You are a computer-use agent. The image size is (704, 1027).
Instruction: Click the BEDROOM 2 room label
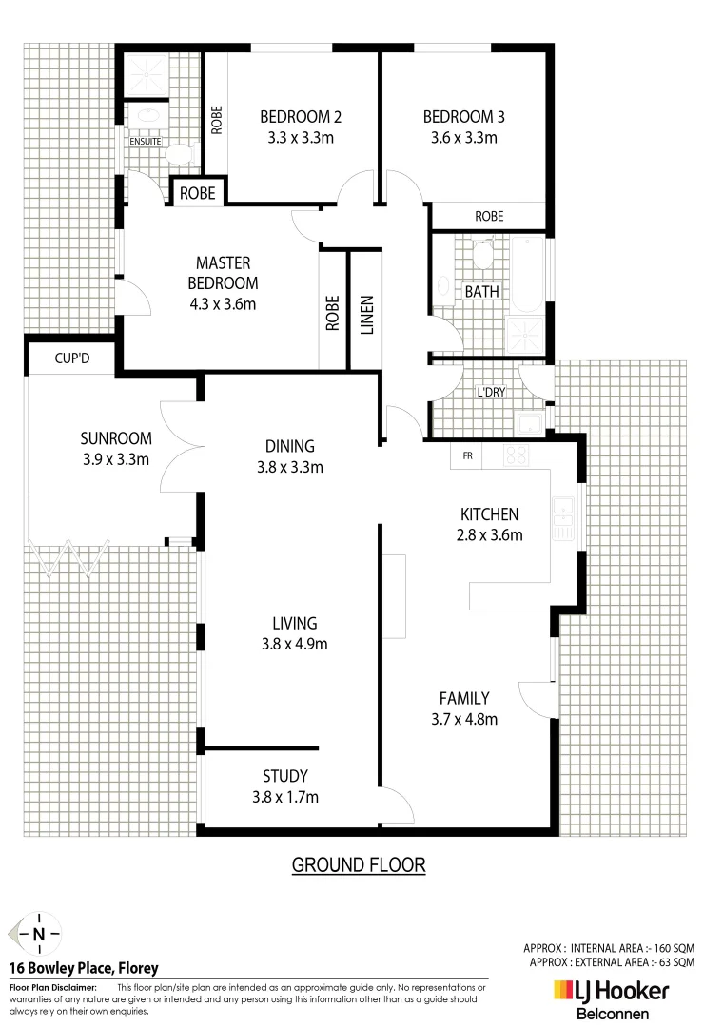tap(301, 118)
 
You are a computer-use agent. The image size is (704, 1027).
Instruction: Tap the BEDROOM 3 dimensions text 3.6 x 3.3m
tap(463, 138)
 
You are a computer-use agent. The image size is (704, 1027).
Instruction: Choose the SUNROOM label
tap(116, 438)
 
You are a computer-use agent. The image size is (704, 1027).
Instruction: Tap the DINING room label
tap(290, 446)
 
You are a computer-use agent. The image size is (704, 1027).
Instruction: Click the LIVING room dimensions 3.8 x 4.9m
tap(294, 644)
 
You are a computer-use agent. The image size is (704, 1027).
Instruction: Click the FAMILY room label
tap(464, 697)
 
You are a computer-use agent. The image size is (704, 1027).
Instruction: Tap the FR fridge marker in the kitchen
tap(467, 455)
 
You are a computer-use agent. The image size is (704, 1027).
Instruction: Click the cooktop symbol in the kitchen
tap(516, 455)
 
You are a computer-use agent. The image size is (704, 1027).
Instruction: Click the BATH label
tap(481, 291)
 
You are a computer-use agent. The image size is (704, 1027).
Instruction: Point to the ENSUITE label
tap(147, 142)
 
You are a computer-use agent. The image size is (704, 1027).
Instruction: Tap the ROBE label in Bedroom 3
tap(489, 216)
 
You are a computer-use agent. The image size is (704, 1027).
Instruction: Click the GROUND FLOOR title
tap(358, 864)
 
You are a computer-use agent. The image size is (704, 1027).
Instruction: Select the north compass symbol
tap(38, 933)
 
